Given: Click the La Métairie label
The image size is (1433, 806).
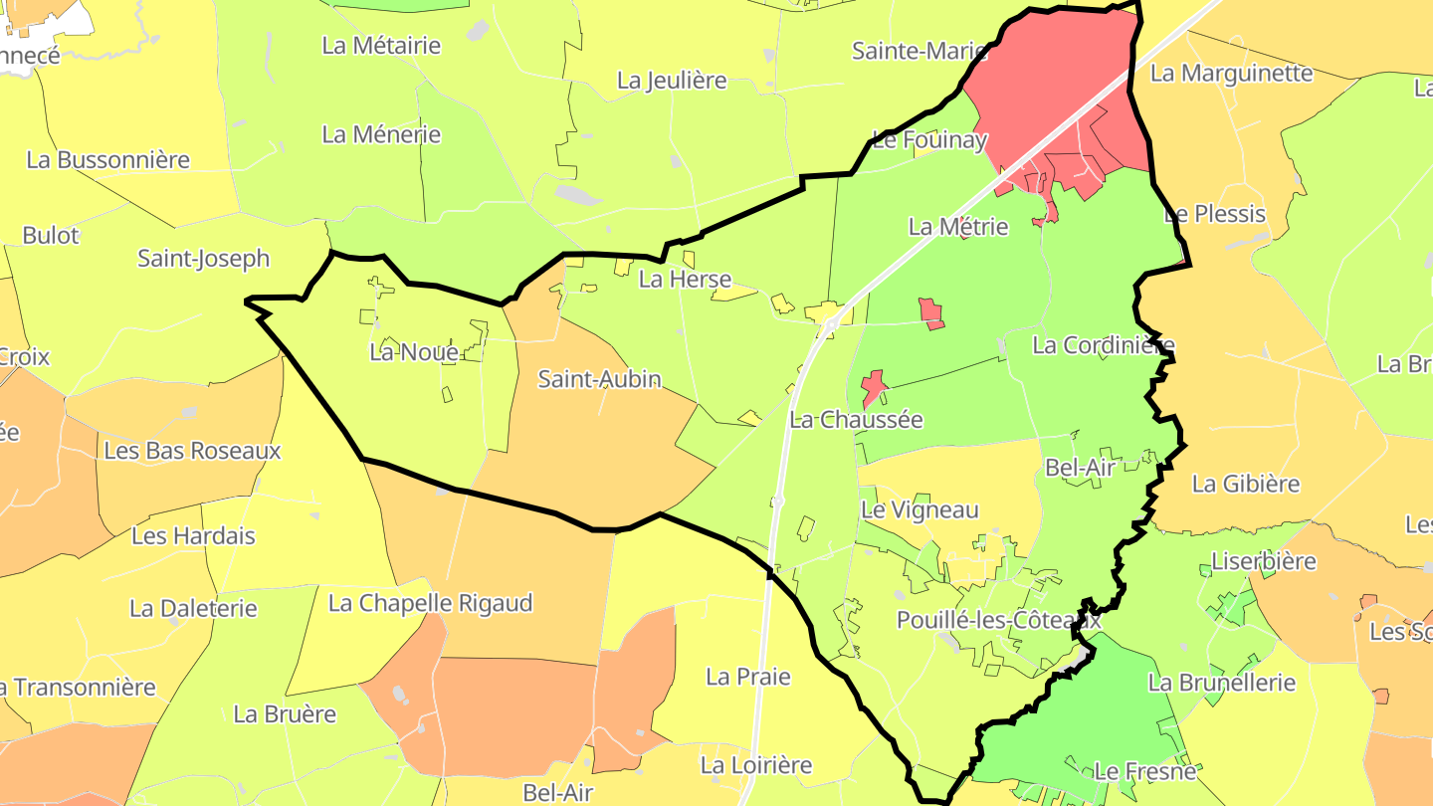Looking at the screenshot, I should pyautogui.click(x=381, y=46).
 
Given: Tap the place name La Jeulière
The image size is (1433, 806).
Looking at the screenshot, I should pyautogui.click(x=672, y=82).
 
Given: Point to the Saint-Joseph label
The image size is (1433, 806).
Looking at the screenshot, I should pyautogui.click(x=203, y=259).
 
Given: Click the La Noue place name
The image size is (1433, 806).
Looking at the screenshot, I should pyautogui.click(x=414, y=352).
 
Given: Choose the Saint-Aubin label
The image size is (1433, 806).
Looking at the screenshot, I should pyautogui.click(x=599, y=379).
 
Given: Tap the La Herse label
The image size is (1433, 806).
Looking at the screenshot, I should pyautogui.click(x=685, y=280).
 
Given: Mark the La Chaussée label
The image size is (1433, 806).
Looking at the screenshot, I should pyautogui.click(x=856, y=420).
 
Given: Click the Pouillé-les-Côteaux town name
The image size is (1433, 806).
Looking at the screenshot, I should pyautogui.click(x=998, y=620).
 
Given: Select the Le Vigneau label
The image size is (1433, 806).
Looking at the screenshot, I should pyautogui.click(x=920, y=510).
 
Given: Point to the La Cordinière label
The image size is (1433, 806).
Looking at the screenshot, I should pyautogui.click(x=1104, y=346).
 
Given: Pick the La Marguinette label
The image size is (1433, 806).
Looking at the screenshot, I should pyautogui.click(x=1231, y=74).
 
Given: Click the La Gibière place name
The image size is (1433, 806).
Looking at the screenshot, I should pyautogui.click(x=1246, y=485).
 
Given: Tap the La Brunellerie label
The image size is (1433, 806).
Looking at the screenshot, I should pyautogui.click(x=1222, y=684).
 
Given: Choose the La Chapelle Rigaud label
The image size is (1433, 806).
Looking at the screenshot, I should pyautogui.click(x=430, y=604).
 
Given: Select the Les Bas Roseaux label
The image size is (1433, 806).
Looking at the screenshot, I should pyautogui.click(x=192, y=452).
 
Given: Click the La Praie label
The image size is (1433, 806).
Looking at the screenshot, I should pyautogui.click(x=747, y=678).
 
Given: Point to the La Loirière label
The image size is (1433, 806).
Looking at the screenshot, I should pyautogui.click(x=756, y=766).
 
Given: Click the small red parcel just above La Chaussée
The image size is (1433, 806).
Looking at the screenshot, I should pyautogui.click(x=874, y=386).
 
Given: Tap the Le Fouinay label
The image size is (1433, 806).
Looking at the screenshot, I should pyautogui.click(x=928, y=140).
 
